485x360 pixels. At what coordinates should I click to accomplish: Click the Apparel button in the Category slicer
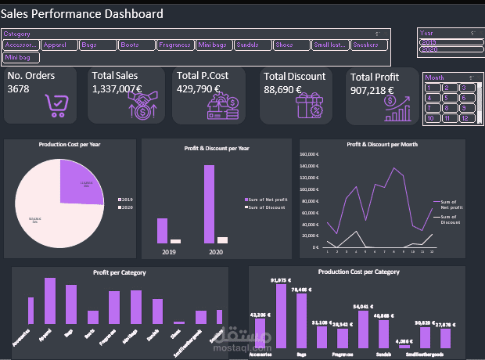pyautogui.click(x=58, y=45)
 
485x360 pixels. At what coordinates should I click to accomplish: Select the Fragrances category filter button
pyautogui.click(x=174, y=45)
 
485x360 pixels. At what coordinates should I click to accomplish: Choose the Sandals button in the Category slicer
pyautogui.click(x=252, y=45)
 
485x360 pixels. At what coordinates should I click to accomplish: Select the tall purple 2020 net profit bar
pyautogui.click(x=209, y=204)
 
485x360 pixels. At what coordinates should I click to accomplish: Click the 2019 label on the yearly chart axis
pyautogui.click(x=168, y=252)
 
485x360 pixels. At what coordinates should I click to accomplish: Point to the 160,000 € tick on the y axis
pyautogui.click(x=310, y=154)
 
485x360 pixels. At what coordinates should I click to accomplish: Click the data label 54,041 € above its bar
pyautogui.click(x=364, y=307)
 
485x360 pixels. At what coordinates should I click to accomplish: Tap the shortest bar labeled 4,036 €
pyautogui.click(x=404, y=346)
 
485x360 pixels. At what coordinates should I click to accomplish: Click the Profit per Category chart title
pyautogui.click(x=119, y=272)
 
